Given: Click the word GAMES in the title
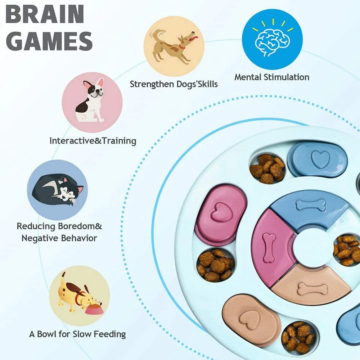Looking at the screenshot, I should click(x=49, y=41).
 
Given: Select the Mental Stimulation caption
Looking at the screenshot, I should click(x=272, y=77).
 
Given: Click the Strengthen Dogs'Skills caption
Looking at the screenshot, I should click(x=174, y=84).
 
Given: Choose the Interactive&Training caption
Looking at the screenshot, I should click(x=93, y=140).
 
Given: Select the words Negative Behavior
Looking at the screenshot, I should click(x=59, y=238).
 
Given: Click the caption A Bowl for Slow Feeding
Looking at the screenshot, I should click(x=77, y=334).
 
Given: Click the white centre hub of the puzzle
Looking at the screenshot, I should click(x=310, y=248).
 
